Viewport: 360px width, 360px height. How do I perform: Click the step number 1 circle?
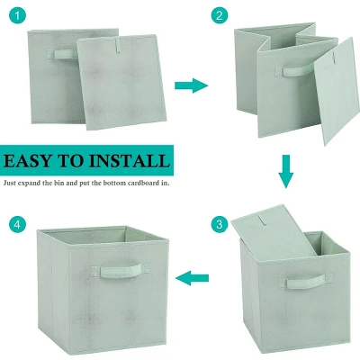pos(17,15)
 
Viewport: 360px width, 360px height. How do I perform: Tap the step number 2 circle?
pos(220,15)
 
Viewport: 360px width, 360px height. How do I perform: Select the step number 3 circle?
pos(220,224)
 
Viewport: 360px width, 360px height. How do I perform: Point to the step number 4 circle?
pos(17,224)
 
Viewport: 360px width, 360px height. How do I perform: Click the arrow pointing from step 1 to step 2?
pos(191,85)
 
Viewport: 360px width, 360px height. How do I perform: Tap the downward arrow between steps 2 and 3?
pos(286,171)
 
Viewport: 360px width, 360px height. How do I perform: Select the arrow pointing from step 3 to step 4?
pos(192,278)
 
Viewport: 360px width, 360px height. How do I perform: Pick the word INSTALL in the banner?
pos(130,161)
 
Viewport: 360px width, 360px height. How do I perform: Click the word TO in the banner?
pos(70,161)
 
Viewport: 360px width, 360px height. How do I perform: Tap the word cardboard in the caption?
pos(144,183)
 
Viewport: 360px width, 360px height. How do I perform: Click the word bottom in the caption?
pos(114,183)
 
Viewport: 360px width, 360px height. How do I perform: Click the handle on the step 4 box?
pos(121,270)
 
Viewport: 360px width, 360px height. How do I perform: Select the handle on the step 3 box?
pos(305,282)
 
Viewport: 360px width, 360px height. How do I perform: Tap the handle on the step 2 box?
pos(295,70)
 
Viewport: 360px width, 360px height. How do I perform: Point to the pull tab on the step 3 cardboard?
pos(262,220)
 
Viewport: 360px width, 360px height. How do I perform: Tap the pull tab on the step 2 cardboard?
pos(334,55)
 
